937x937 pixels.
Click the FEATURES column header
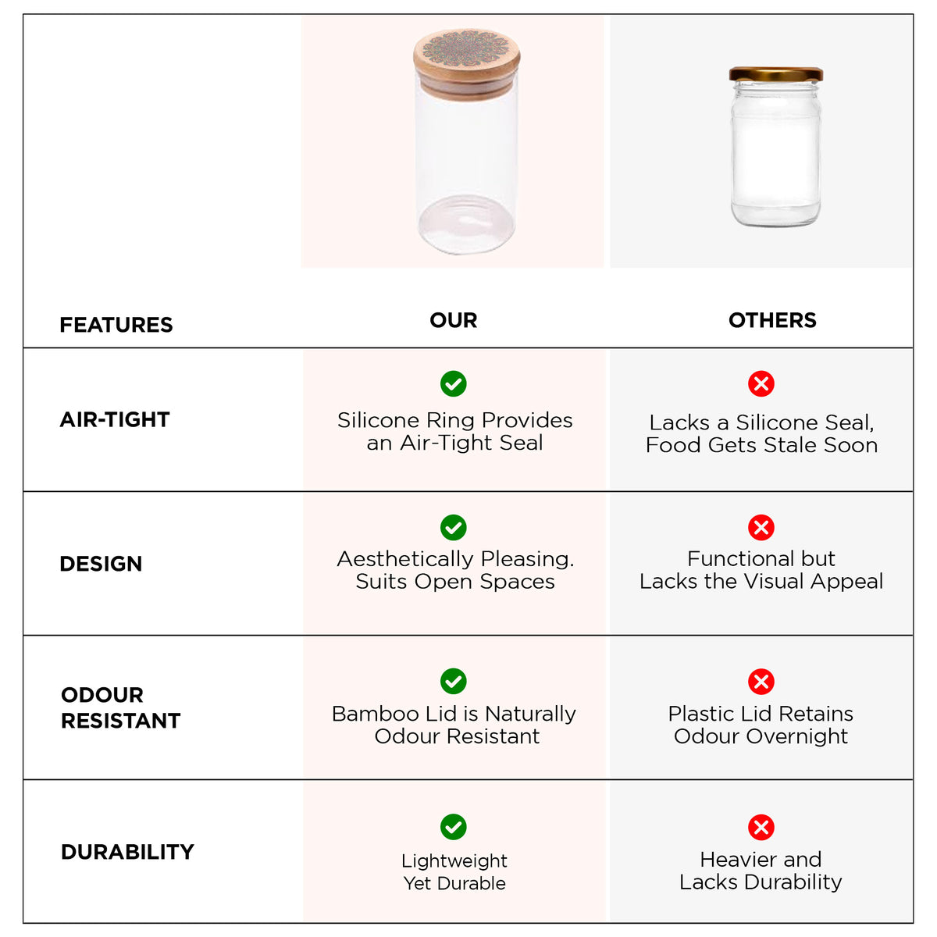point(116,324)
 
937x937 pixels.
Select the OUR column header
point(453,320)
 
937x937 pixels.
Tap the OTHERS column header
point(772,320)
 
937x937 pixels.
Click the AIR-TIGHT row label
point(115,419)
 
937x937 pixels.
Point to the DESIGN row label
point(101,564)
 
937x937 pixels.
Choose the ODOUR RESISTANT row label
point(120,707)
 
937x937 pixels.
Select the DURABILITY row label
point(127,851)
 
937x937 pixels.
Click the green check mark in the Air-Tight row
point(453,383)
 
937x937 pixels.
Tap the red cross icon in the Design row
point(761,528)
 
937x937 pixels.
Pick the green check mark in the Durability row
point(453,827)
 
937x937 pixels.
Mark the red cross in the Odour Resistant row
point(761,681)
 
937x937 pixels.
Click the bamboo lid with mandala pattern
point(467,64)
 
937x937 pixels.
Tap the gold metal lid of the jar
point(775,74)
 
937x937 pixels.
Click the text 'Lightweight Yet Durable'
point(454,872)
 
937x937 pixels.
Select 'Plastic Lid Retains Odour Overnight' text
point(761,725)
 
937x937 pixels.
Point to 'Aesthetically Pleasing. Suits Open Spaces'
point(455,570)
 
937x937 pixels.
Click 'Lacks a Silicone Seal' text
point(761,422)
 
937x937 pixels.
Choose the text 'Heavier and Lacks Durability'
point(761,871)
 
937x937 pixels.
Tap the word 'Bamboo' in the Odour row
point(376,714)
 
